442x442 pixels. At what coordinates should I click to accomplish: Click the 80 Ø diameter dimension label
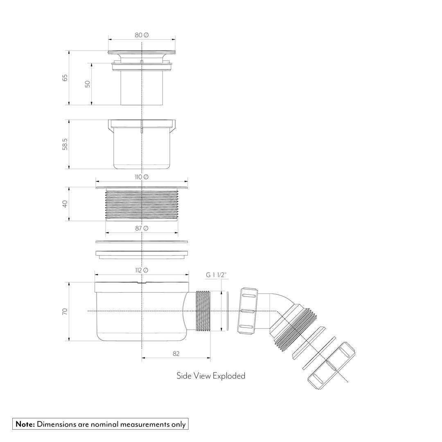pyautogui.click(x=142, y=35)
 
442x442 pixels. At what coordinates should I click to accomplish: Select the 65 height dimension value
pyautogui.click(x=65, y=77)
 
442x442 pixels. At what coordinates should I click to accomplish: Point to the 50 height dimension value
pyautogui.click(x=88, y=84)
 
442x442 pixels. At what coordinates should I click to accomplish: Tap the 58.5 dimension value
pyautogui.click(x=65, y=144)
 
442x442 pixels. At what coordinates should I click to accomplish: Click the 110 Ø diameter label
pyautogui.click(x=142, y=177)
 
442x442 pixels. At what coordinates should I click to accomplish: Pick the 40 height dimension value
pyautogui.click(x=65, y=204)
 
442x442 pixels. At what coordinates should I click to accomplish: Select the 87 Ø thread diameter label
pyautogui.click(x=142, y=228)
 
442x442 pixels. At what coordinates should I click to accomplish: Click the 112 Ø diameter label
pyautogui.click(x=142, y=270)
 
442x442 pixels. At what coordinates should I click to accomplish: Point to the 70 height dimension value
pyautogui.click(x=65, y=311)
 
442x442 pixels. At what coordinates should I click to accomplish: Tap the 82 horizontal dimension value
pyautogui.click(x=176, y=354)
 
